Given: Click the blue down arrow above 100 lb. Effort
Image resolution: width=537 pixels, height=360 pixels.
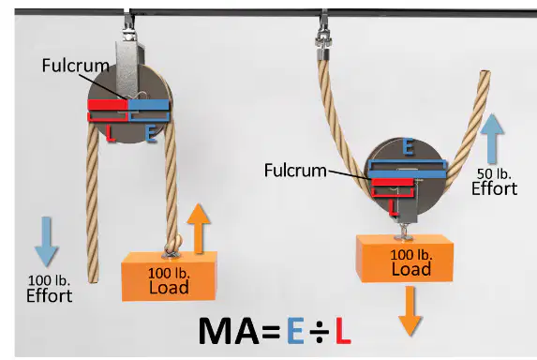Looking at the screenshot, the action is point(46,241).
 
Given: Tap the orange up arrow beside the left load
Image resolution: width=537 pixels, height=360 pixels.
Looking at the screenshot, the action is point(199,229).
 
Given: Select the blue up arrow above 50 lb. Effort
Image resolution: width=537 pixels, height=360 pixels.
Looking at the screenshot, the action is point(492,139).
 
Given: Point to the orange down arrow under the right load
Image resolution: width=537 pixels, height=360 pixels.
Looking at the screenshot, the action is point(410,310).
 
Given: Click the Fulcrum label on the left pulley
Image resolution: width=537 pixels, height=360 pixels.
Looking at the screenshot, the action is point(76,65).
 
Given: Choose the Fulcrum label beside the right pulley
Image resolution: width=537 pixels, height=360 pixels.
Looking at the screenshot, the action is point(295,171).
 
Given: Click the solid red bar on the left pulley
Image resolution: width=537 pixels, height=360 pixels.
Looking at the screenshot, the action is point(108,105).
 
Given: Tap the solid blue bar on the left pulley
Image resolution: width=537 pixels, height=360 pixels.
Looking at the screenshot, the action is point(149,105).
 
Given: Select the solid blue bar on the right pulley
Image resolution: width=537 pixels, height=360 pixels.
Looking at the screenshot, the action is point(408,174).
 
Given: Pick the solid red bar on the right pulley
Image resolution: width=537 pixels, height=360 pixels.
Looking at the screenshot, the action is point(393,182).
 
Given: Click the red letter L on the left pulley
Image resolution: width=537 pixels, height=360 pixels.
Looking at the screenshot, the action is point(110,133).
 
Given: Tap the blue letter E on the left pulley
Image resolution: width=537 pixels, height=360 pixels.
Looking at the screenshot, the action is point(151,133).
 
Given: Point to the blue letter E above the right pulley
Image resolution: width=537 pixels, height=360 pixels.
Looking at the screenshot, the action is point(408,146).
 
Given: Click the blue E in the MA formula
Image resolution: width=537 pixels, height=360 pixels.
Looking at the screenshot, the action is point(295,331).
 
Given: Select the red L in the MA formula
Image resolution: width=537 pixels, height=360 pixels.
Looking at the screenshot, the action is point(343,331).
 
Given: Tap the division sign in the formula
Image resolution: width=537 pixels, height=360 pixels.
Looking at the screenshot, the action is point(320,331).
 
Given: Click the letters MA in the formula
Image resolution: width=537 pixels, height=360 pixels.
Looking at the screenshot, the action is point(229,331).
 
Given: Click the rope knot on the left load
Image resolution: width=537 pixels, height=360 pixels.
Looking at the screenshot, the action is point(172,245).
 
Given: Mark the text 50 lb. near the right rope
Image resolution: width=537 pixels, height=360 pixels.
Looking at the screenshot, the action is point(494,174).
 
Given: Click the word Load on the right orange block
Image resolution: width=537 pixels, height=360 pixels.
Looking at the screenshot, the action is point(411,269).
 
